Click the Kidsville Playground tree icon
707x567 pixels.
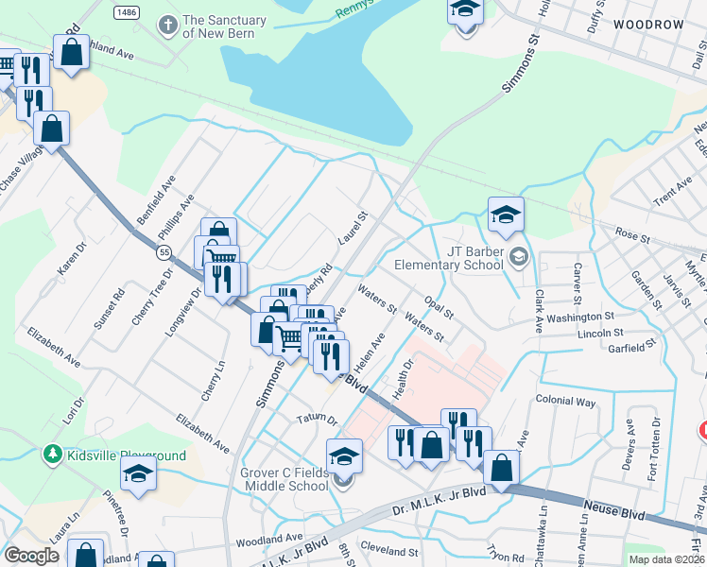pos(53,455)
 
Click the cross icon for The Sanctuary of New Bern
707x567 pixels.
pos(168,24)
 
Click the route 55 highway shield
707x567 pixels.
pos(164,252)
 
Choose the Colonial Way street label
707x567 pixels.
pos(565,402)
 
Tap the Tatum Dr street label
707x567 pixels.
pos(317,417)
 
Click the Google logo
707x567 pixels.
pos(31,556)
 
